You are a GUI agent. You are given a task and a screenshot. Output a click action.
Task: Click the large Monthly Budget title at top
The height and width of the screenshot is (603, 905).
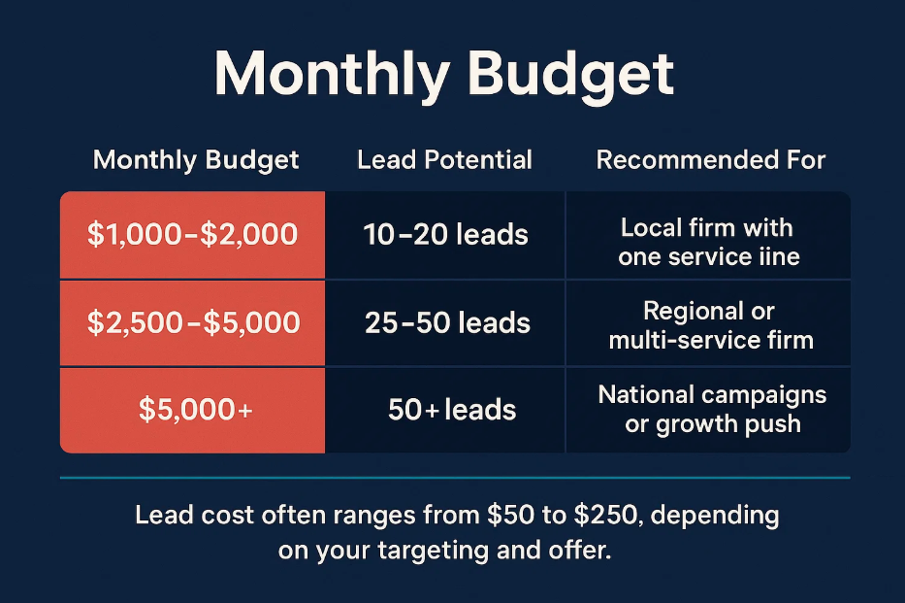click(x=444, y=75)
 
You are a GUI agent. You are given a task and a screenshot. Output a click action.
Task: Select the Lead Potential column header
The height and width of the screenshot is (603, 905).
click(x=444, y=159)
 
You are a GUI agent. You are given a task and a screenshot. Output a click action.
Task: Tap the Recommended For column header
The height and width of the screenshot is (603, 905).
click(x=710, y=159)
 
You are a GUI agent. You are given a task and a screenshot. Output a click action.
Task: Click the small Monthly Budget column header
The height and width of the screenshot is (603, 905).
click(x=196, y=160)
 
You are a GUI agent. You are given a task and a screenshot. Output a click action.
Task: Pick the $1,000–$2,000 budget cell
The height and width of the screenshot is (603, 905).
click(x=192, y=235)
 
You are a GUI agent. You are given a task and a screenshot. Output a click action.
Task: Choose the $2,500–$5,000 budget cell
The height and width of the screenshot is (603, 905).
click(x=193, y=322)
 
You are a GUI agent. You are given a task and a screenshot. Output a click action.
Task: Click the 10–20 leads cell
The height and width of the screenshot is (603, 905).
click(x=445, y=235)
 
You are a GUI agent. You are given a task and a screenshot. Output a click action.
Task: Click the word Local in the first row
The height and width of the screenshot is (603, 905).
click(x=646, y=227)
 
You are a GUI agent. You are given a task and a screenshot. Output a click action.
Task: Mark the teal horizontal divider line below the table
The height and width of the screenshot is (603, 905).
click(x=455, y=478)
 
